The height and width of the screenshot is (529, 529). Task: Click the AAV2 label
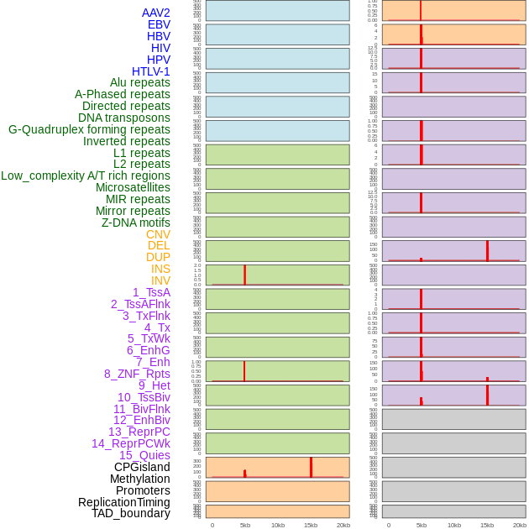[x=155, y=13]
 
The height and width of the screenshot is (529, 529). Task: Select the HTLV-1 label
[x=150, y=71]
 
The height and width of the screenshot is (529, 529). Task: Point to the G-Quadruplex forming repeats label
[x=89, y=129]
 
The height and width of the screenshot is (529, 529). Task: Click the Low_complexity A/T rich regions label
[x=86, y=175]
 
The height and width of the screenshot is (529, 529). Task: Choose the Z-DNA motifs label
[x=135, y=223]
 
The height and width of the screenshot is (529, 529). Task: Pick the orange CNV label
[x=158, y=234]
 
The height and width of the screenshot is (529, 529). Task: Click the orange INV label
[x=160, y=280]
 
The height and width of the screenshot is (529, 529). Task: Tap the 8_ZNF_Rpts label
[x=137, y=374]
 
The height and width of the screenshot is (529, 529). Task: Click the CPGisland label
[x=142, y=467]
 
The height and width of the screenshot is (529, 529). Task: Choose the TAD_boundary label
[x=130, y=513]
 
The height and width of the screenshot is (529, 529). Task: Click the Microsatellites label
[x=133, y=187]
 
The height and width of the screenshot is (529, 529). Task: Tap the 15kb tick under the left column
[x=311, y=525]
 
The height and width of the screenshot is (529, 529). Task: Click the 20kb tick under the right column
[x=520, y=525]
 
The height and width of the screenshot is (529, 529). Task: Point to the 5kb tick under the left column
[x=245, y=525]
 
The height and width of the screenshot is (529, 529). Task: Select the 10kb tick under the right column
[x=454, y=525]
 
